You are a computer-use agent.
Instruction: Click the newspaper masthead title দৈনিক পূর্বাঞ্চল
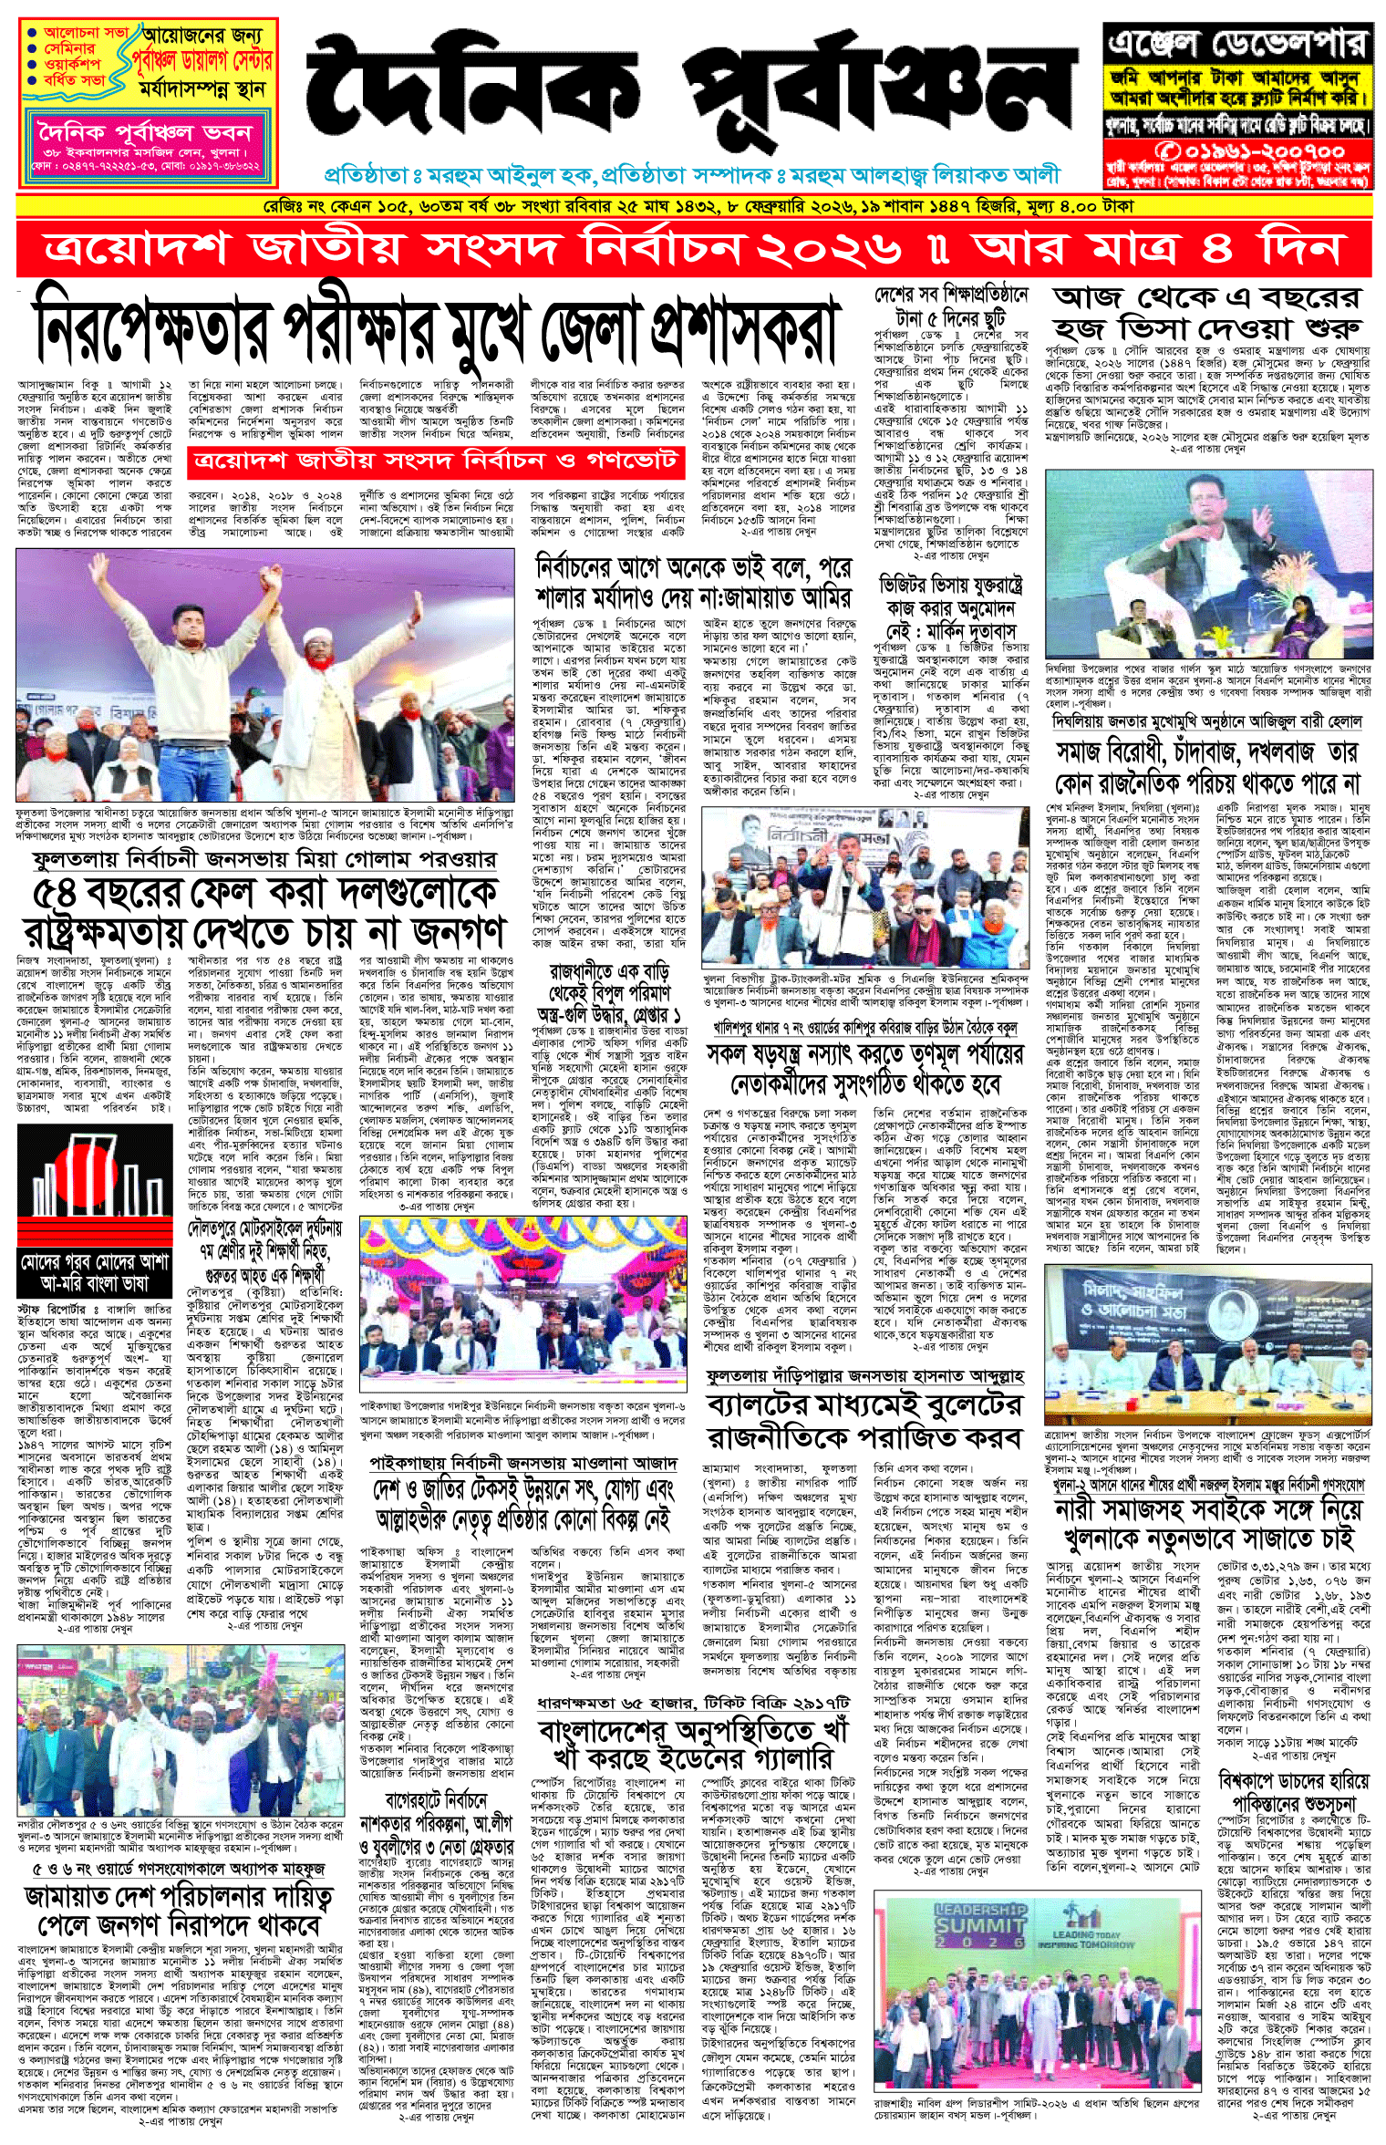click(693, 100)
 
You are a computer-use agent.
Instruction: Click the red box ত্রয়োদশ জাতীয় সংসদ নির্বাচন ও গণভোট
click(436, 461)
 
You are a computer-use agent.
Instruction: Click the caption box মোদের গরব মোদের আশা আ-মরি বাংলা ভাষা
click(95, 1273)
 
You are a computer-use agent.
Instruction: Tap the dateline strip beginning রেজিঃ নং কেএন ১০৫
click(693, 207)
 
